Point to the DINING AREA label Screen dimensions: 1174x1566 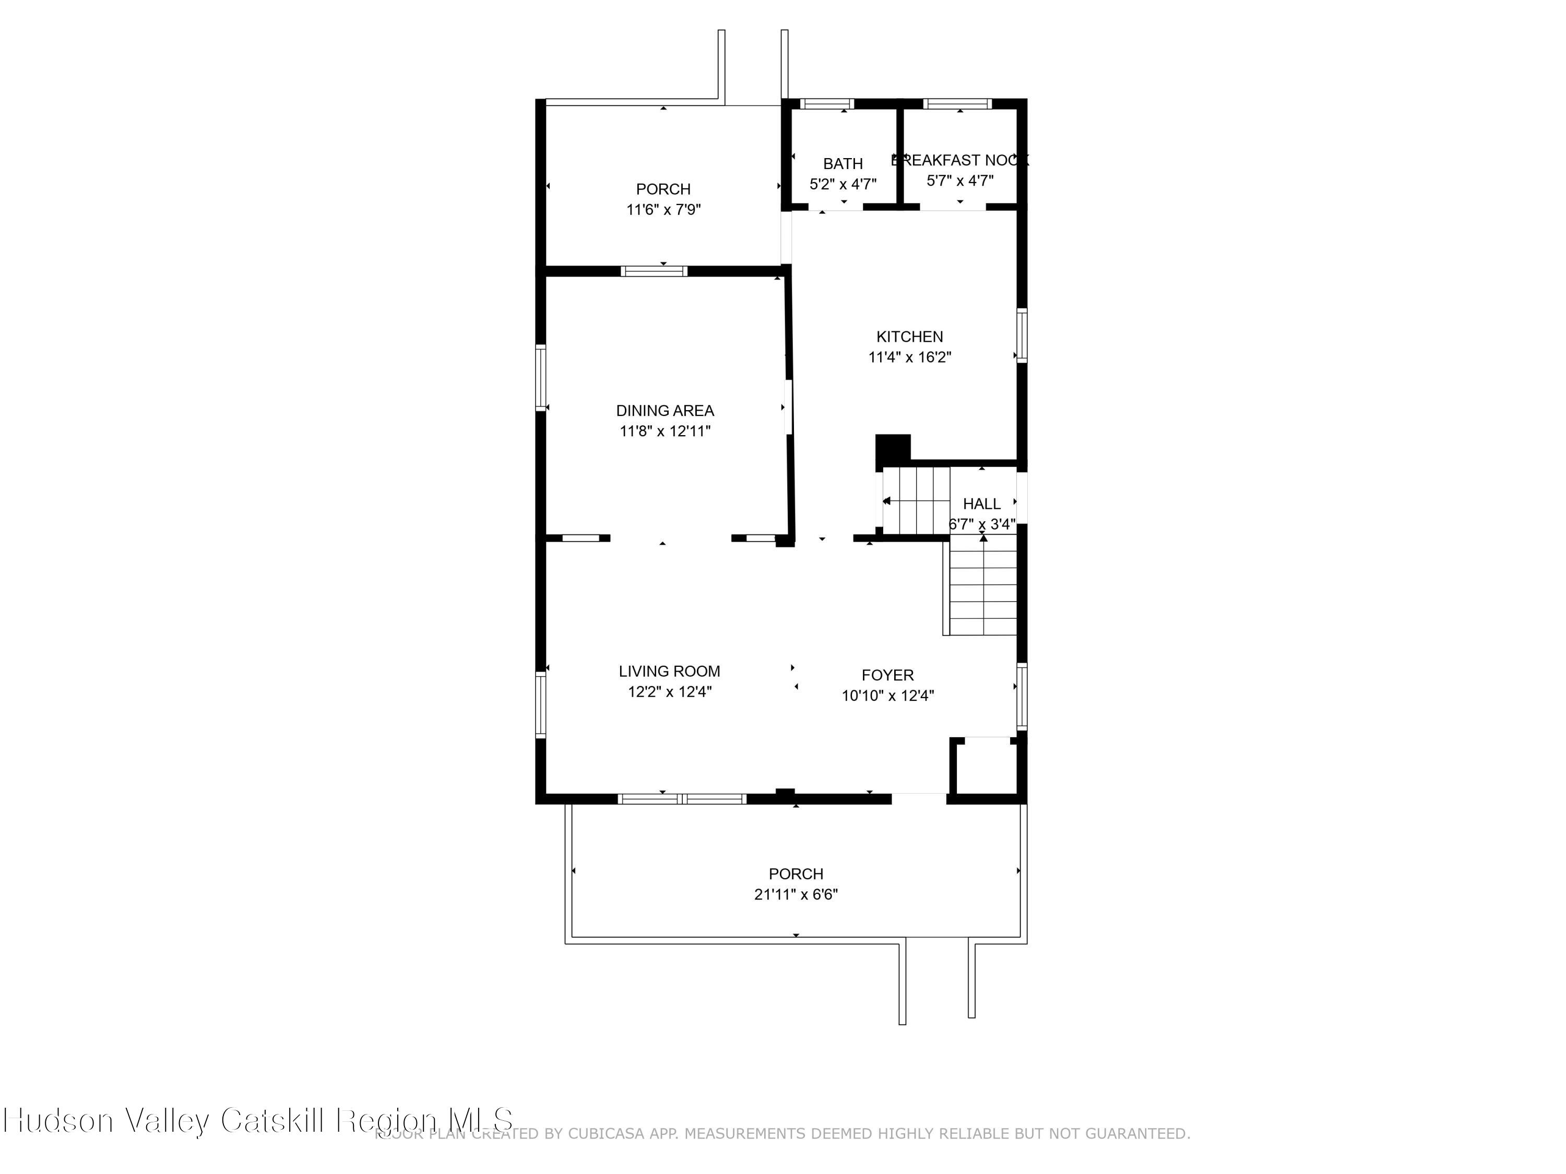[x=665, y=411]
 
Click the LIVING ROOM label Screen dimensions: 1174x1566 [x=669, y=671]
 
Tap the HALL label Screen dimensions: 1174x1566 [x=981, y=504]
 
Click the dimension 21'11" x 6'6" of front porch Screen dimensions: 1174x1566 [x=796, y=894]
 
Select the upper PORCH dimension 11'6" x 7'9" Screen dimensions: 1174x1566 [x=663, y=209]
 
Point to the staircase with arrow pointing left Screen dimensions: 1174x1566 [x=916, y=500]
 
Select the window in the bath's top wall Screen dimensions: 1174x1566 [x=827, y=104]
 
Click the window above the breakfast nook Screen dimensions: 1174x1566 [x=957, y=104]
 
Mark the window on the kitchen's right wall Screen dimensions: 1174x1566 [x=1022, y=336]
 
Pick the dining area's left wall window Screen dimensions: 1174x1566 [x=541, y=377]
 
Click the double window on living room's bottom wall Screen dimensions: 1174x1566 [x=682, y=799]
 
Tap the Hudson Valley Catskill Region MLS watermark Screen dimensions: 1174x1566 [x=258, y=1120]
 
